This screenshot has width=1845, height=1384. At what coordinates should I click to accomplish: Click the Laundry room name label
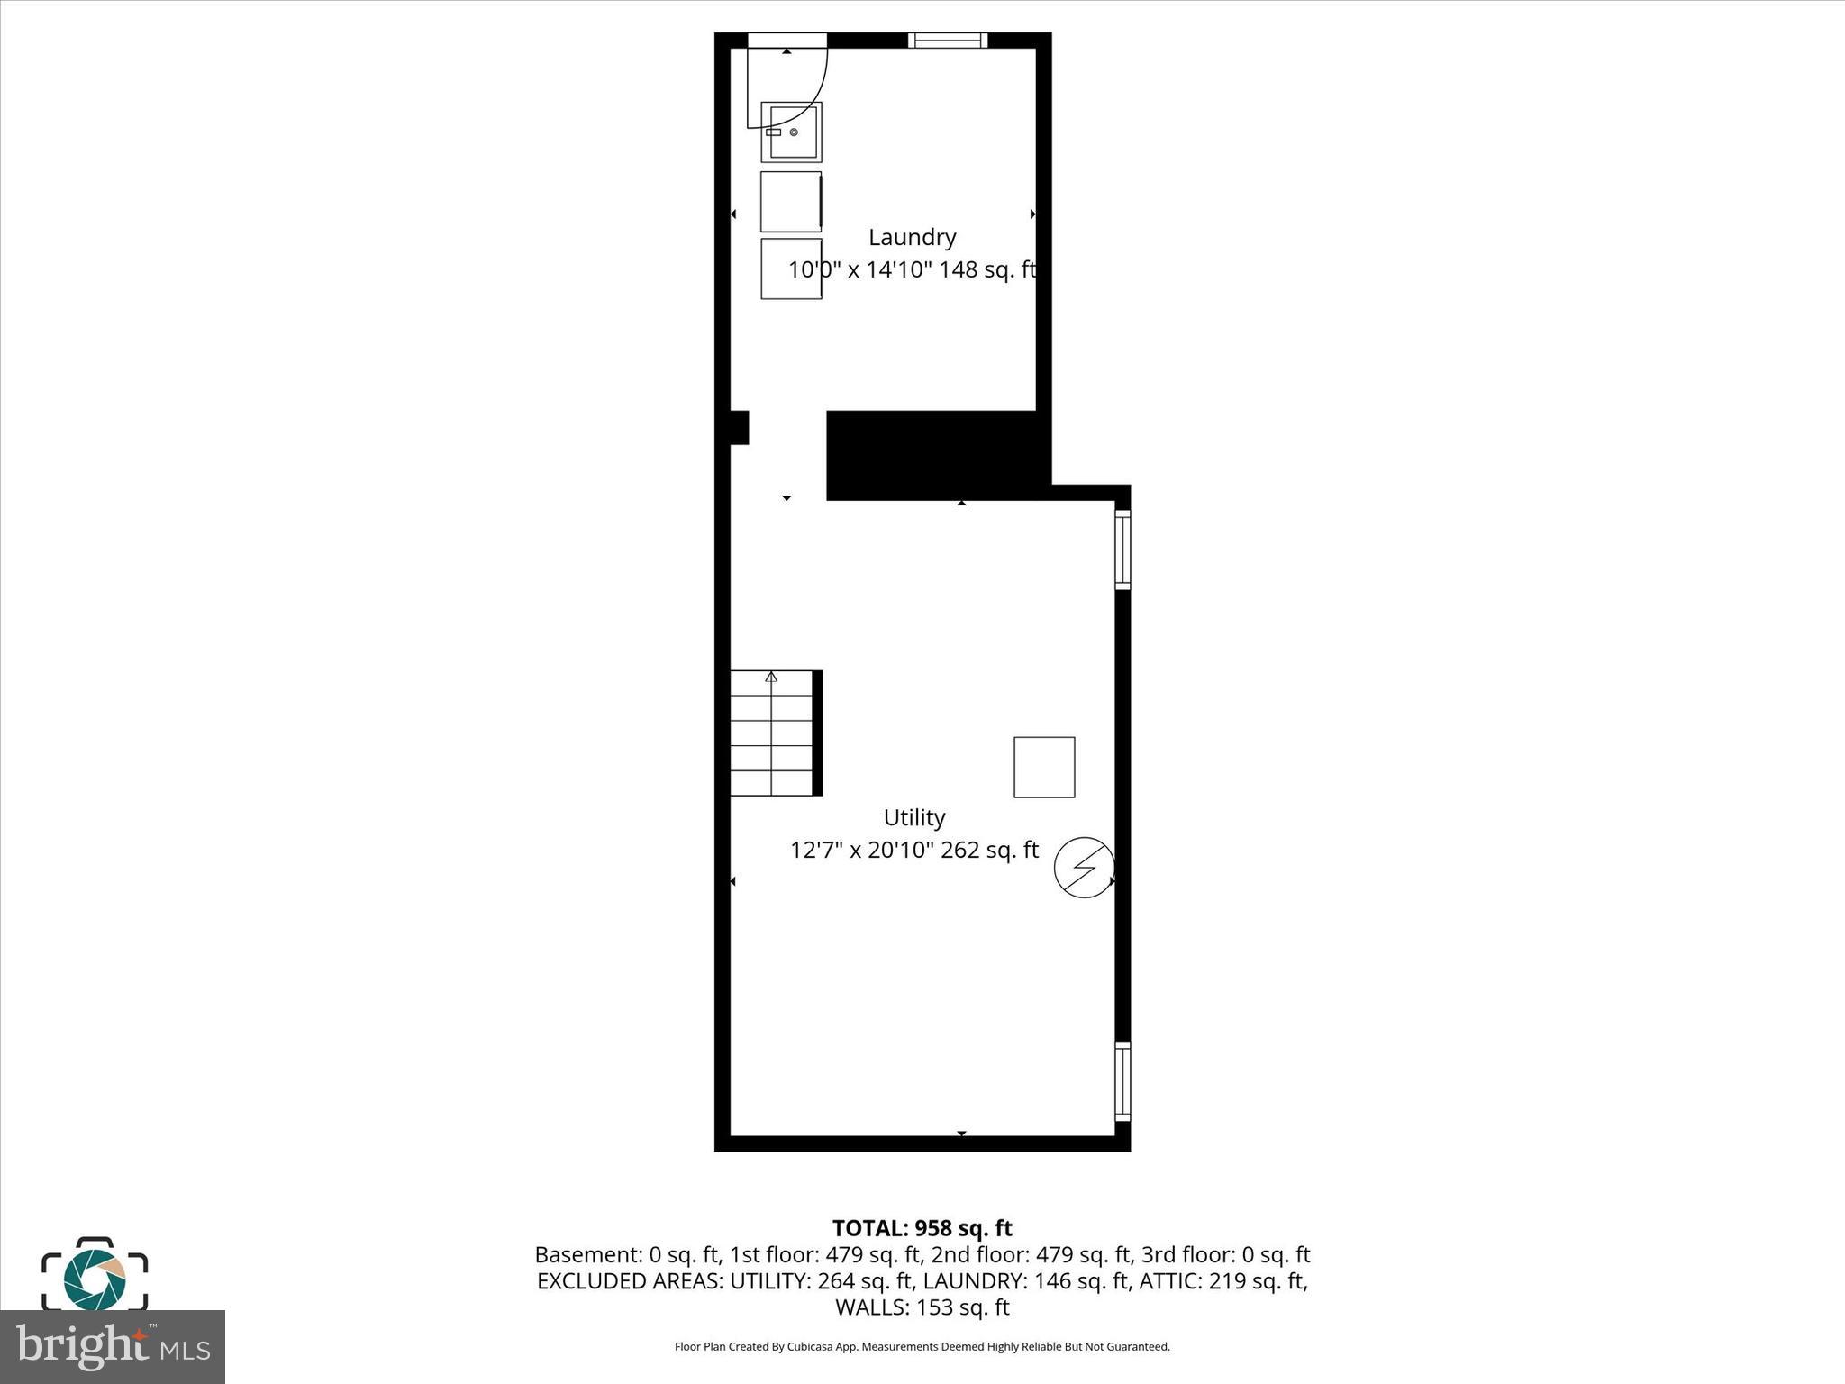click(x=912, y=237)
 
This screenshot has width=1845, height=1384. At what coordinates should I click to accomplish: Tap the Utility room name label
click(x=913, y=817)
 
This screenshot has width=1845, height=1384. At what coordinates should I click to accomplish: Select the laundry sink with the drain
click(x=791, y=132)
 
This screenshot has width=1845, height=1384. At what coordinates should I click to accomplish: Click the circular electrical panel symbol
click(x=1085, y=868)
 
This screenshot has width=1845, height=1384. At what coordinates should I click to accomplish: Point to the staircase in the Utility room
click(x=772, y=733)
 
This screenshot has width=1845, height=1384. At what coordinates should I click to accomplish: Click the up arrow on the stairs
click(x=771, y=677)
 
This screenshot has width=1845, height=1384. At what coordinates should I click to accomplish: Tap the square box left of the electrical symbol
click(x=1044, y=767)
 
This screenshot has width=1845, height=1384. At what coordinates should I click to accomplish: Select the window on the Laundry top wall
click(x=947, y=40)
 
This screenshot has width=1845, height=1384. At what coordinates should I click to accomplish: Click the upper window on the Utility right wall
click(x=1122, y=549)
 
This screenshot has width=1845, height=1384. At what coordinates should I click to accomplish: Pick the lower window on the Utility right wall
click(x=1122, y=1080)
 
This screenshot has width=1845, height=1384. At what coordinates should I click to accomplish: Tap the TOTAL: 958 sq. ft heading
click(x=922, y=1228)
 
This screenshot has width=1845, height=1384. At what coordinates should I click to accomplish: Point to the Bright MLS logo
click(x=113, y=1346)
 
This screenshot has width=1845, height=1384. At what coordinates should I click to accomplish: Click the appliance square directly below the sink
click(x=791, y=201)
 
